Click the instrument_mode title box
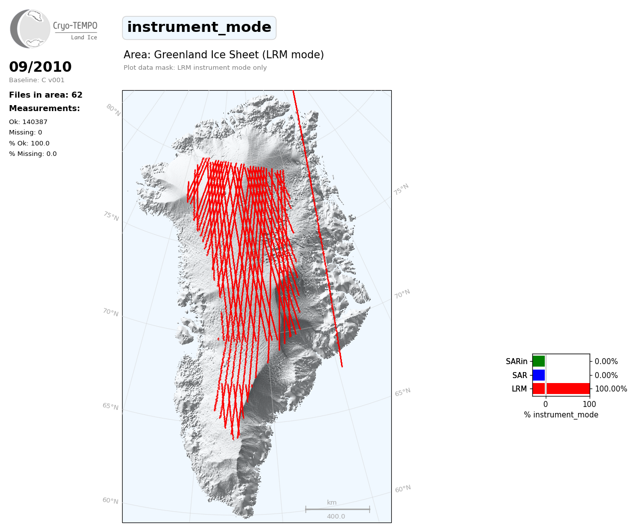pyautogui.click(x=199, y=28)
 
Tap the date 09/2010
pyautogui.click(x=40, y=67)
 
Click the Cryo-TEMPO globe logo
pyautogui.click(x=30, y=28)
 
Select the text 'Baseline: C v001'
pyautogui.click(x=37, y=80)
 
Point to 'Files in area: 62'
pyautogui.click(x=46, y=95)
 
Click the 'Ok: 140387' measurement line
pyautogui.click(x=28, y=122)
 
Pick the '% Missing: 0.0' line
pyautogui.click(x=33, y=154)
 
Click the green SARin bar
pyautogui.click(x=539, y=361)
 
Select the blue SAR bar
pyautogui.click(x=539, y=375)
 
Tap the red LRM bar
pyautogui.click(x=561, y=389)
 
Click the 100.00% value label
pyautogui.click(x=611, y=389)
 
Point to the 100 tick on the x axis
pyautogui.click(x=589, y=404)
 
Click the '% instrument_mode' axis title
pyautogui.click(x=561, y=415)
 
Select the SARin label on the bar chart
pyautogui.click(x=516, y=362)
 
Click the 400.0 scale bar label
pyautogui.click(x=336, y=516)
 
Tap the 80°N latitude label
pyautogui.click(x=114, y=110)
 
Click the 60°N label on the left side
pyautogui.click(x=111, y=501)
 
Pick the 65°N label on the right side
pyautogui.click(x=403, y=392)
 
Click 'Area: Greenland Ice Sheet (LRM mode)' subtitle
pyautogui.click(x=224, y=55)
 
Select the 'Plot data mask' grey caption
pyautogui.click(x=195, y=68)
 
